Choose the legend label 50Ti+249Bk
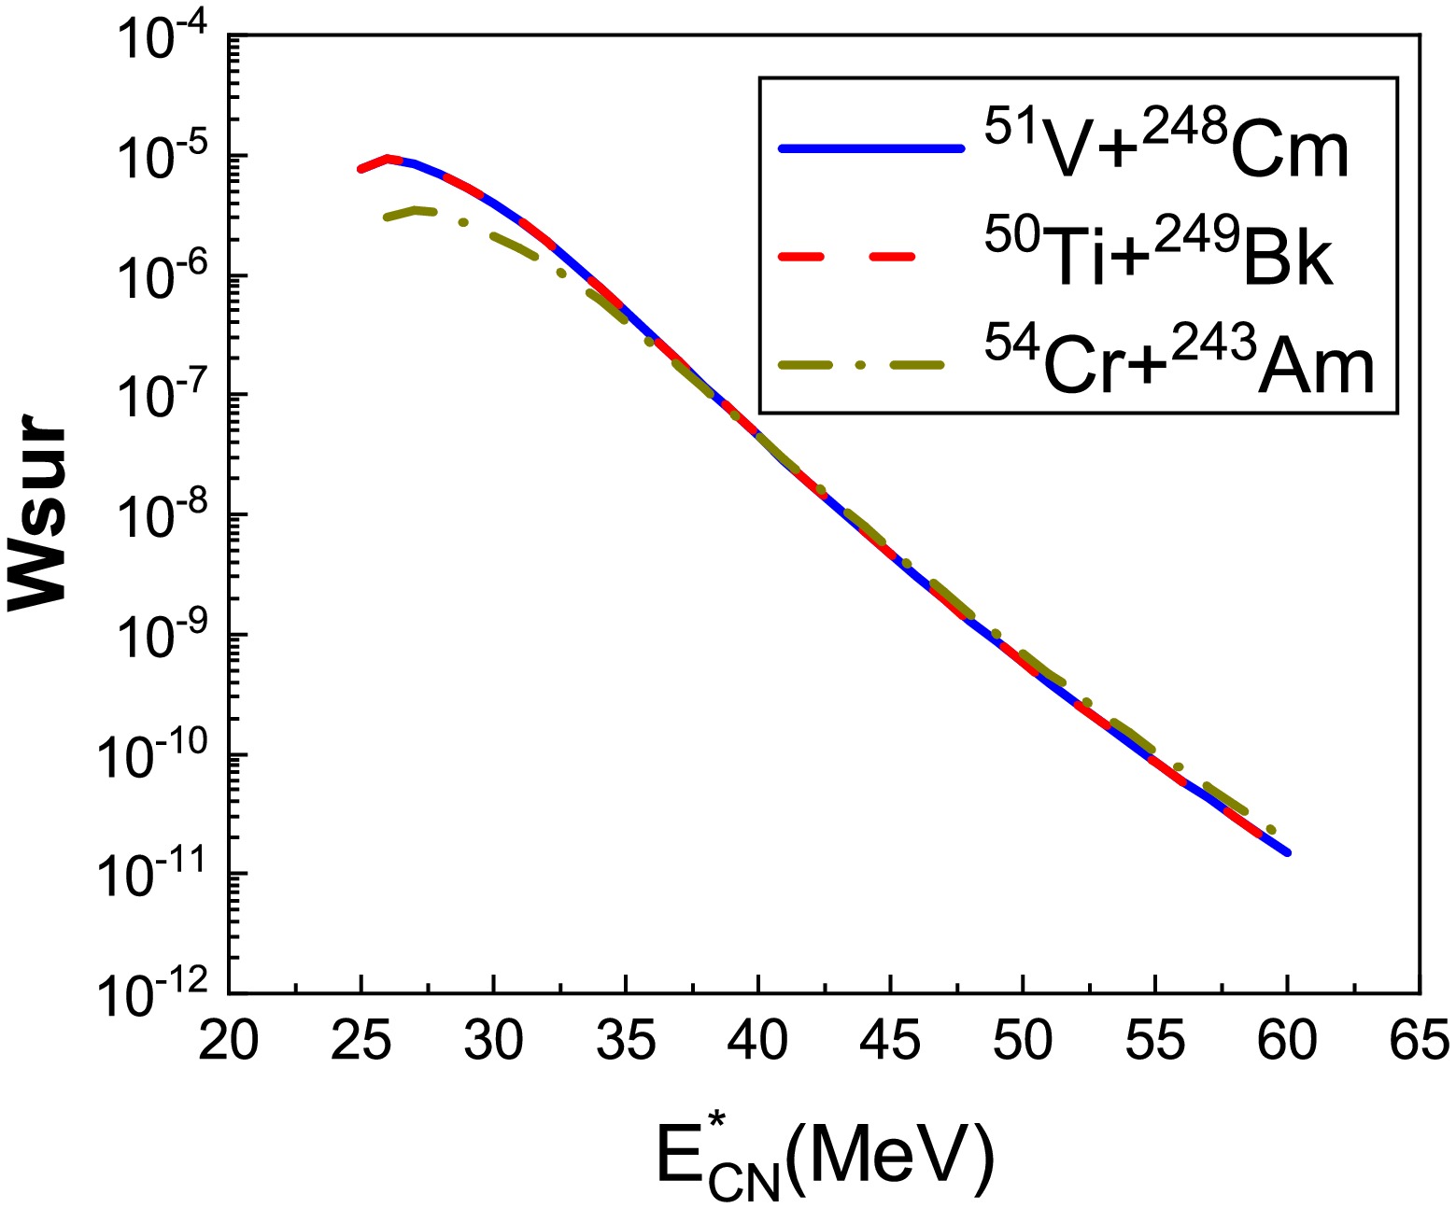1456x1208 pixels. point(1158,256)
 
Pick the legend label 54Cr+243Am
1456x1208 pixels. point(1179,364)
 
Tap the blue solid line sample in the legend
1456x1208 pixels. point(869,147)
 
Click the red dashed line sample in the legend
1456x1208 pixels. point(869,258)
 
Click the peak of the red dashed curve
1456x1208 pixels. point(388,158)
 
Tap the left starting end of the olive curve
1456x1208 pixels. point(385,217)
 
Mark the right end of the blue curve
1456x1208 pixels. point(1288,852)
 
